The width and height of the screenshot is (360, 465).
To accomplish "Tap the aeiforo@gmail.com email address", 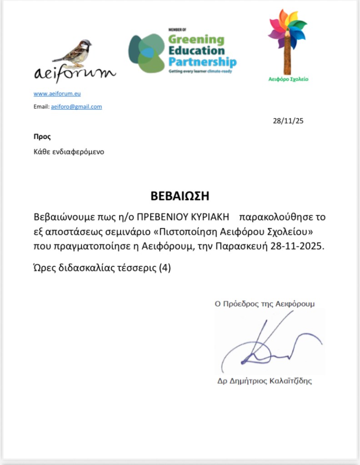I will (76, 107).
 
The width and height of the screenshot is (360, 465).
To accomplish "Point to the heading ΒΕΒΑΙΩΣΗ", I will (180, 196).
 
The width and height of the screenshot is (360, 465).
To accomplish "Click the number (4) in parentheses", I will (165, 268).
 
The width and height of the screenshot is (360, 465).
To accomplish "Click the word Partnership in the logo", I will (202, 62).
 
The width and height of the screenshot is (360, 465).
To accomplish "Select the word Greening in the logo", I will (196, 40).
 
